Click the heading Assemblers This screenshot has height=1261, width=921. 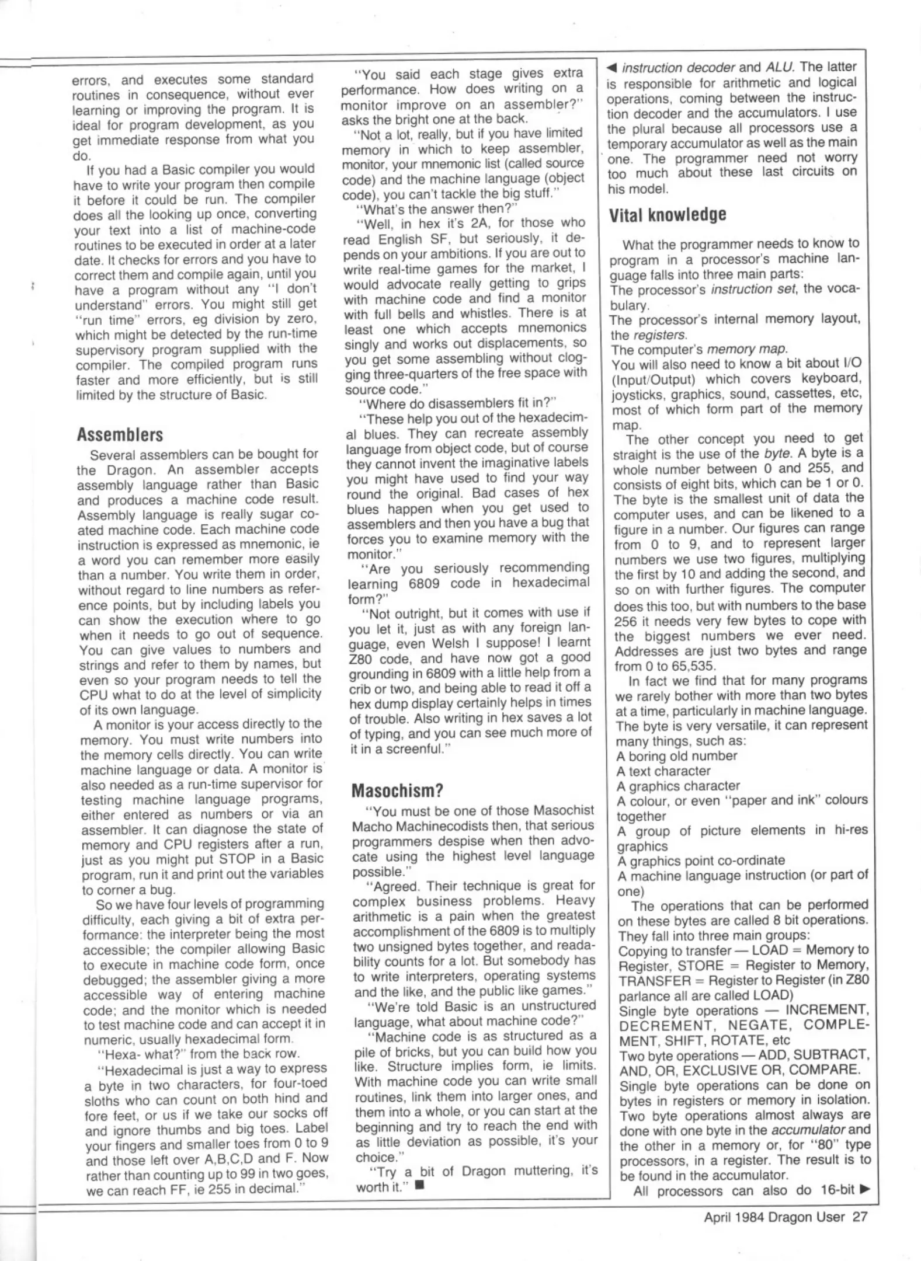tap(120, 434)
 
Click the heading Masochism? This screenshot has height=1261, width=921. tap(397, 790)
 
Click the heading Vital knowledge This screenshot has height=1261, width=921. tap(668, 215)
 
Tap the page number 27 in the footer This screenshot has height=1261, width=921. tap(860, 1217)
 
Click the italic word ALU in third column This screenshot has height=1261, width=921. tap(778, 67)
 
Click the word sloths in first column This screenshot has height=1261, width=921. tap(100, 1101)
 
